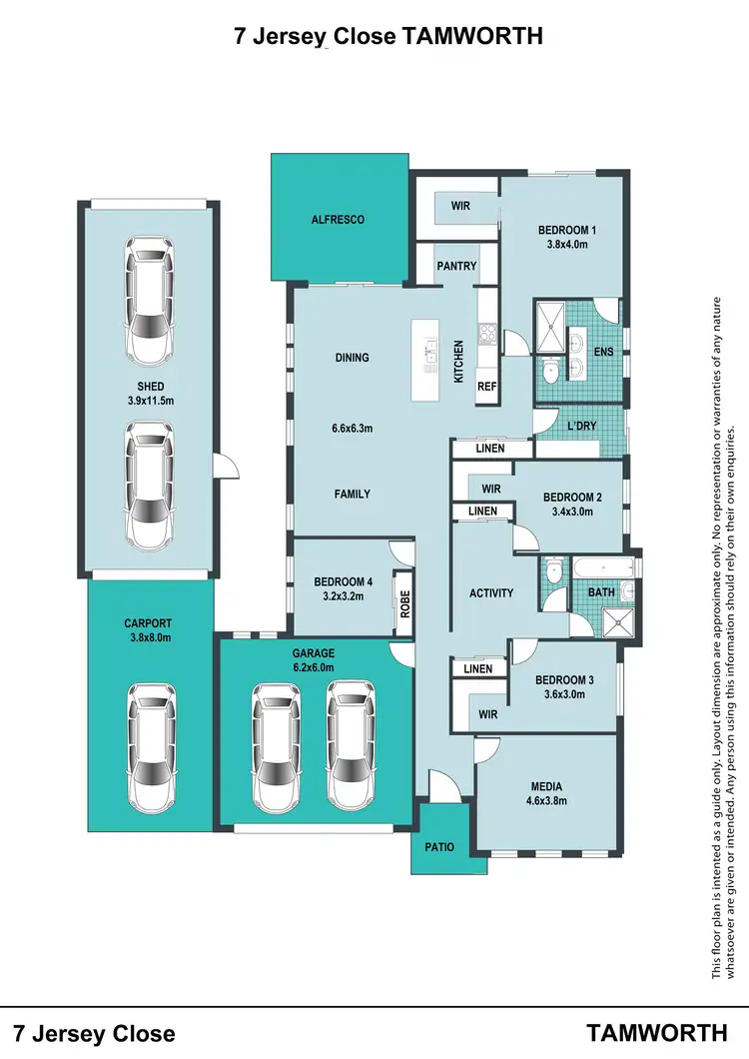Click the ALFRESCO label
click(338, 219)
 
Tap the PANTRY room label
click(456, 267)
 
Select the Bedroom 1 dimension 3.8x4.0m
click(566, 244)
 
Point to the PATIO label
click(439, 847)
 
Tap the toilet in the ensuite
click(550, 371)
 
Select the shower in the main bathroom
click(619, 621)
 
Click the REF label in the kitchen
click(486, 386)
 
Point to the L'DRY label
click(581, 426)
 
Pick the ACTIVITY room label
click(491, 593)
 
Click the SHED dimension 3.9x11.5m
click(151, 401)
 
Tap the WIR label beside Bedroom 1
click(460, 206)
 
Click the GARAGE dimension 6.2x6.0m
click(314, 667)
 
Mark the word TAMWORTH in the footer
click(655, 1032)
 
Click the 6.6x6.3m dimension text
click(352, 429)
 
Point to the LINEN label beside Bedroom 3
click(478, 668)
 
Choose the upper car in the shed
click(148, 302)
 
